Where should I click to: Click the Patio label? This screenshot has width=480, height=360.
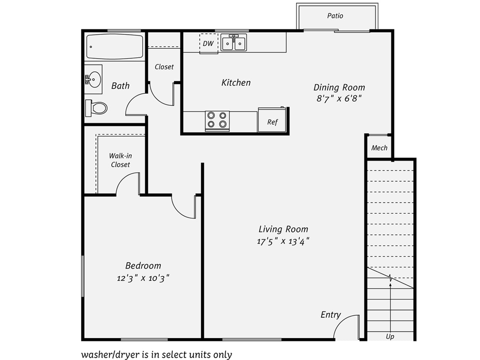pos(335,16)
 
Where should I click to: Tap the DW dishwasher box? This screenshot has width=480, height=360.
pos(208,43)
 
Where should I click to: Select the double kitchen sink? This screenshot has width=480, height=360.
pos(234,42)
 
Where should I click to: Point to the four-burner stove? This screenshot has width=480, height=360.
pos(217,121)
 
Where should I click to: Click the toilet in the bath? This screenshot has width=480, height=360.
pos(96,108)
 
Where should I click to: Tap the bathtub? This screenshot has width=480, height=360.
pos(115,46)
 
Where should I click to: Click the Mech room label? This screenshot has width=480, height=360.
pos(379,148)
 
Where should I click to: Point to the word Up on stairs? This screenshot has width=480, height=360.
pos(390,337)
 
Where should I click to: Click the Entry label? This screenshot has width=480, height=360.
pos(331,315)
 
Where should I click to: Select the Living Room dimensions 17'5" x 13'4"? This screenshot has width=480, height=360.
pos(283,241)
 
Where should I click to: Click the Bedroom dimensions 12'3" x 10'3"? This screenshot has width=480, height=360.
pos(143,278)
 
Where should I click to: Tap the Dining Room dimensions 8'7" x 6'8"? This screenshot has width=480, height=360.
pos(339,99)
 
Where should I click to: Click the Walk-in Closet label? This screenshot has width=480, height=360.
pos(120,160)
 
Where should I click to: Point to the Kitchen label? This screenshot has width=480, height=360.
pos(236,82)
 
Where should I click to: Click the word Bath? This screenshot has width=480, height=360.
pos(120,85)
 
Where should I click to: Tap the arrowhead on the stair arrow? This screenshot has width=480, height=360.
pos(390,285)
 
